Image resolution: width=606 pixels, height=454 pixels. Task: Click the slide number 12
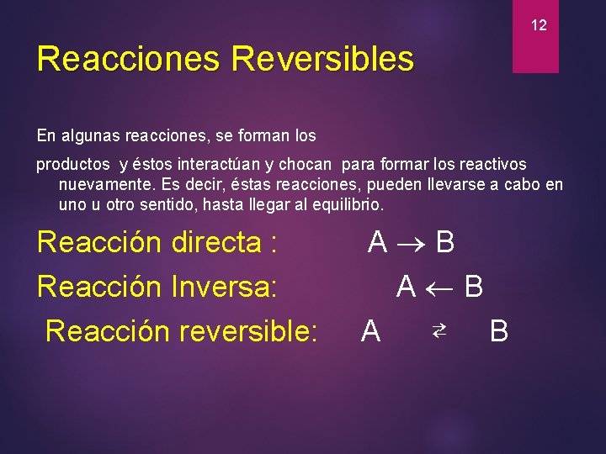[x=539, y=26]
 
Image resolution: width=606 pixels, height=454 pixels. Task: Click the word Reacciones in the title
[x=128, y=59]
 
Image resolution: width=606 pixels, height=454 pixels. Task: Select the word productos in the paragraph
[x=72, y=165]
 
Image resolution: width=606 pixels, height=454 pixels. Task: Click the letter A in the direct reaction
[x=377, y=243]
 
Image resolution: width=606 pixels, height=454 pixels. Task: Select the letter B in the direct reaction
[x=445, y=243]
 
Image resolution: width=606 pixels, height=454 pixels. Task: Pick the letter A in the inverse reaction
[x=407, y=288]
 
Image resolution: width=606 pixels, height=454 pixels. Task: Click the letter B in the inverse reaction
[x=474, y=288]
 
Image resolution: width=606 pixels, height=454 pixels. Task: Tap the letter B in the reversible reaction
[x=499, y=331]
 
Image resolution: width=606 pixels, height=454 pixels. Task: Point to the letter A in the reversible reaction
[x=370, y=331]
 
